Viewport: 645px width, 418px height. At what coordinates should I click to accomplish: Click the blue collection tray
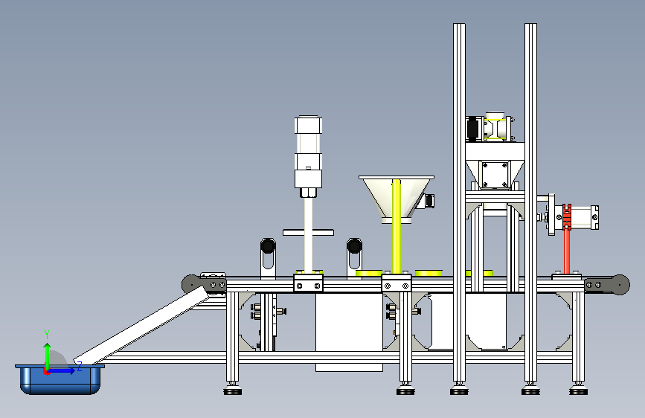coord(60,379)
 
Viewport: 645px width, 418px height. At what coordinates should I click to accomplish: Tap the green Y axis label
coord(47,335)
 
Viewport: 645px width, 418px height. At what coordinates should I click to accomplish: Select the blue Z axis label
coord(80,366)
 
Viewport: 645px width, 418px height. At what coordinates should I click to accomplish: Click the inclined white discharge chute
coord(142,325)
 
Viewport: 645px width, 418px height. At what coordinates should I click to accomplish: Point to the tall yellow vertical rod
coord(397,226)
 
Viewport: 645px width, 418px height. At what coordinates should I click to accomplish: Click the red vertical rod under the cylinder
coord(567,251)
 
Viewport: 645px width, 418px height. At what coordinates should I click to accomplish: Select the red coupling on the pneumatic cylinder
coord(567,217)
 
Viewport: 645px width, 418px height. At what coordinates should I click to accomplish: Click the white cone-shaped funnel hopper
coord(397,199)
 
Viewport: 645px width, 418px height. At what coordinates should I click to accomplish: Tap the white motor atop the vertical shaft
coord(308,155)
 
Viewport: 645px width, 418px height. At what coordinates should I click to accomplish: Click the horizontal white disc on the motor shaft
coord(308,233)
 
